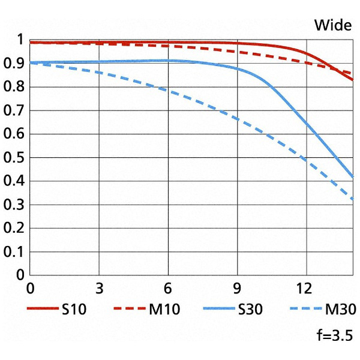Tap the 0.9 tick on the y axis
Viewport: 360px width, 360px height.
[x=14, y=64]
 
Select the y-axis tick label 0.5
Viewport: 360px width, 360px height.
[x=14, y=158]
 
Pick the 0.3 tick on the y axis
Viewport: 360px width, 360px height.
[x=14, y=205]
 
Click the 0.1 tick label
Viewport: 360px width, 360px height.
[x=14, y=252]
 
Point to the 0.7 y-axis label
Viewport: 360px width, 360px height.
[x=14, y=110]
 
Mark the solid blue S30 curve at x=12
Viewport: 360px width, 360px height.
[x=306, y=124]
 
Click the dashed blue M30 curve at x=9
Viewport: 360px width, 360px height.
[x=238, y=119]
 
